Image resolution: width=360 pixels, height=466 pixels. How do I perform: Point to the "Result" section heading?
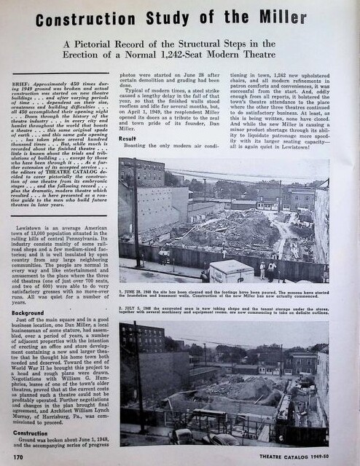pyautogui.click(x=128, y=138)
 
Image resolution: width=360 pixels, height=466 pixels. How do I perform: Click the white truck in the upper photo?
pyautogui.click(x=231, y=270)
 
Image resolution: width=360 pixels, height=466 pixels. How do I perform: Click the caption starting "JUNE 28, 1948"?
pyautogui.click(x=223, y=295)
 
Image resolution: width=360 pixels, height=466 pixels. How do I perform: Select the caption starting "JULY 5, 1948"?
pyautogui.click(x=223, y=312)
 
